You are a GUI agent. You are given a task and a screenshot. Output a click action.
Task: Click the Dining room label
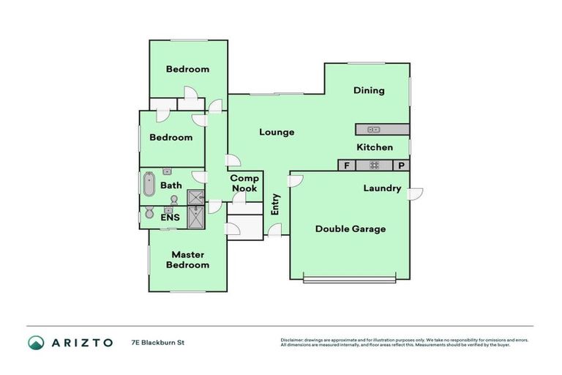pyautogui.click(x=369, y=91)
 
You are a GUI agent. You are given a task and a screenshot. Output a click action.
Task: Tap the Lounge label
pyautogui.click(x=277, y=133)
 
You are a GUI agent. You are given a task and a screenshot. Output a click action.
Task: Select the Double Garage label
pyautogui.click(x=351, y=229)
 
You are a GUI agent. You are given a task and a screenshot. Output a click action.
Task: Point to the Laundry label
pyautogui.click(x=382, y=188)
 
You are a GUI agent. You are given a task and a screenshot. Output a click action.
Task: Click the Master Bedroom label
pyautogui.click(x=188, y=259)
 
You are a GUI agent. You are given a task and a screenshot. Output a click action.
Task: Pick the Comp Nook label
pyautogui.click(x=244, y=183)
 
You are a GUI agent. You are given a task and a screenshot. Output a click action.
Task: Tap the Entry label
pyautogui.click(x=275, y=204)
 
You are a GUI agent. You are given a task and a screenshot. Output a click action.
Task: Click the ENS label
pyautogui.click(x=170, y=218)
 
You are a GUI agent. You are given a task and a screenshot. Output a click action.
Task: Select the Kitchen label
pyautogui.click(x=375, y=147)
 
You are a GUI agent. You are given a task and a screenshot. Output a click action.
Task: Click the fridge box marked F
pyautogui.click(x=346, y=166)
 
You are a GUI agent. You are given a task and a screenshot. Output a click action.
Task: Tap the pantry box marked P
pyautogui.click(x=402, y=166)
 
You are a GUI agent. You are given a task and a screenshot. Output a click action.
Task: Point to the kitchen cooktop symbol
pyautogui.click(x=375, y=166)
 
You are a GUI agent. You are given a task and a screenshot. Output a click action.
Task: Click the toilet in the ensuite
pyautogui.click(x=149, y=213)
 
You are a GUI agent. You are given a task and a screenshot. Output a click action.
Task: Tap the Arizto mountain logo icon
pyautogui.click(x=36, y=342)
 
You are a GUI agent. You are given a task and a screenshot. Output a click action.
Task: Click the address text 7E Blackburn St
pyautogui.click(x=157, y=342)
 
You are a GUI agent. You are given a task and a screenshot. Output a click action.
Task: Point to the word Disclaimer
pyautogui.click(x=293, y=341)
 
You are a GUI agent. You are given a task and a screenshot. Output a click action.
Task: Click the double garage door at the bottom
pyautogui.click(x=351, y=278)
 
